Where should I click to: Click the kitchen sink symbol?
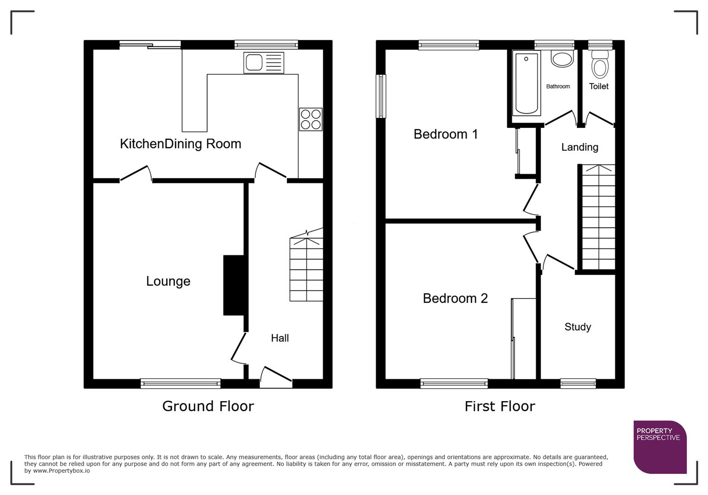264,63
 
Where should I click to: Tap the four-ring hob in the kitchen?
310,119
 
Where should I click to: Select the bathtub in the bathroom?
526,83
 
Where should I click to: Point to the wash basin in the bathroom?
562,59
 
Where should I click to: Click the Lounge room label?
168,281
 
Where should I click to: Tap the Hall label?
280,338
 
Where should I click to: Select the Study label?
577,327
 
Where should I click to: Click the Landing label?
580,147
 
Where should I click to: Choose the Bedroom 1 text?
445,134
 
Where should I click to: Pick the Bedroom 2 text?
455,298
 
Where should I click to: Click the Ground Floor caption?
208,406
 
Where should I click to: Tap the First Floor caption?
499,406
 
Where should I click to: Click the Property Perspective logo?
659,446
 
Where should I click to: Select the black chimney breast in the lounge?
234,285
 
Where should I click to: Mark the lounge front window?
180,383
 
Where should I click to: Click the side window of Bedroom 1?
381,96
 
